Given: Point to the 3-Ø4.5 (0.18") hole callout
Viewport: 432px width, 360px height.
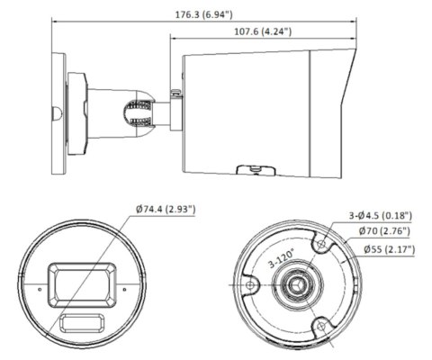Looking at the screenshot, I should click(x=380, y=215).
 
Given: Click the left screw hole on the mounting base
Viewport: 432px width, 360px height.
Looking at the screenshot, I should click(x=249, y=284).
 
